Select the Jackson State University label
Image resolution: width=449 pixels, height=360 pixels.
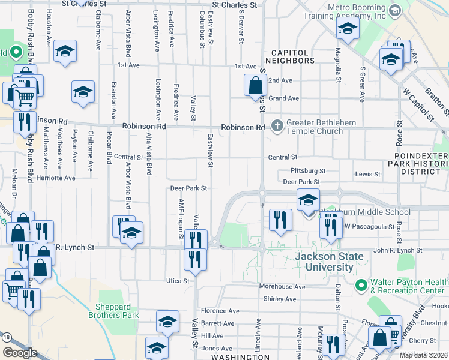(x=330, y=262)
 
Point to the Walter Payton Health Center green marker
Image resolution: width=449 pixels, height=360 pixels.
(x=361, y=284)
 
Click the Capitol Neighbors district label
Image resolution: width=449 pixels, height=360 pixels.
(x=289, y=56)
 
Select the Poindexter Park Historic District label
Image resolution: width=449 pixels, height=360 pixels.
(x=418, y=163)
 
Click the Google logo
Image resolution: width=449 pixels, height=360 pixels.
(x=20, y=352)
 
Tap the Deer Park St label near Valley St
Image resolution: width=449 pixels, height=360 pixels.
(x=188, y=188)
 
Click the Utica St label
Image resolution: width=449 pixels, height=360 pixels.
(x=178, y=280)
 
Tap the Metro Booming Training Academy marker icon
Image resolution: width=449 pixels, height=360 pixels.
(x=394, y=10)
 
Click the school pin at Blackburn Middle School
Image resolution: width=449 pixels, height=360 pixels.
(x=308, y=200)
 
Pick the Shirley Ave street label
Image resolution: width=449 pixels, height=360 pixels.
(x=280, y=299)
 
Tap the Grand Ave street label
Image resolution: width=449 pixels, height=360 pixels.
(x=283, y=98)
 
